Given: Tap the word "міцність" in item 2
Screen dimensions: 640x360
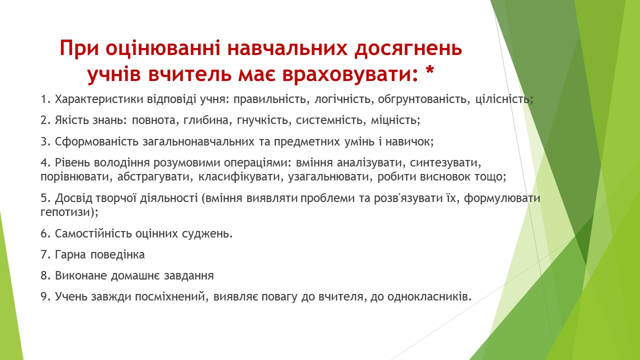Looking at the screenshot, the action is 394,120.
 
